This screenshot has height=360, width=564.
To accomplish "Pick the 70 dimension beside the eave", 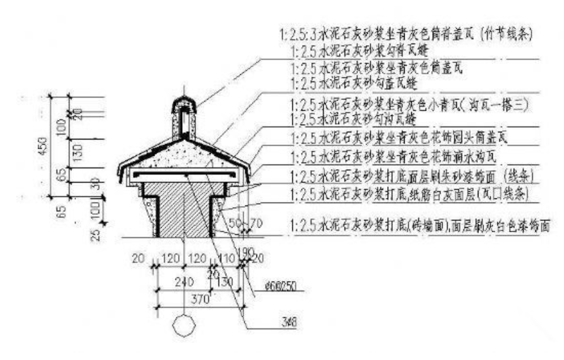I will point(256,223).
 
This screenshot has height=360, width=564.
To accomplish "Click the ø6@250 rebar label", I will point(282,287).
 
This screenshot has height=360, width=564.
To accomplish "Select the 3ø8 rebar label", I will point(287,321).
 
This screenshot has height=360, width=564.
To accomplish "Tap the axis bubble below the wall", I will point(184,327).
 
